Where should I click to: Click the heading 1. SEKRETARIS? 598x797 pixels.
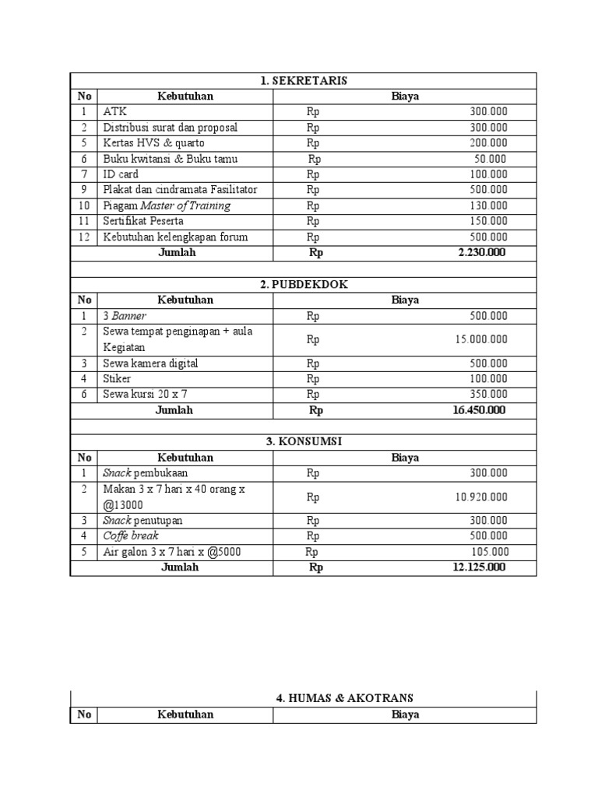pyautogui.click(x=304, y=81)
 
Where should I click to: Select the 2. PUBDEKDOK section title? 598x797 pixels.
pyautogui.click(x=304, y=285)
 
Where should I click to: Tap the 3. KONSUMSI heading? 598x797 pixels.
pyautogui.click(x=304, y=442)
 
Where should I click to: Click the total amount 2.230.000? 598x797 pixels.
pyautogui.click(x=483, y=253)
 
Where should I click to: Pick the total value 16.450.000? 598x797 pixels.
pyautogui.click(x=479, y=410)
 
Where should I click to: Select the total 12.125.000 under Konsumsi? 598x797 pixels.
pyautogui.click(x=479, y=567)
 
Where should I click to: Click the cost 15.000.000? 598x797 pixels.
pyautogui.click(x=481, y=339)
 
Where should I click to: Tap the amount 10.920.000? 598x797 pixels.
pyautogui.click(x=481, y=497)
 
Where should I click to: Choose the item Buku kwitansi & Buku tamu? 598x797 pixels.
pyautogui.click(x=171, y=159)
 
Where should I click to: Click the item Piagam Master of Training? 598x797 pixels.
pyautogui.click(x=167, y=205)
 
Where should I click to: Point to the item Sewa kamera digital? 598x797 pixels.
pyautogui.click(x=150, y=363)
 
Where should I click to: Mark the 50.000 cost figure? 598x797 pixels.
pyautogui.click(x=491, y=159)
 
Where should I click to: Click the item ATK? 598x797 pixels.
pyautogui.click(x=114, y=112)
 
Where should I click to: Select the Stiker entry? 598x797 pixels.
pyautogui.click(x=117, y=379)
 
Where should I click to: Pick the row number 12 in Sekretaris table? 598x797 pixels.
pyautogui.click(x=84, y=237)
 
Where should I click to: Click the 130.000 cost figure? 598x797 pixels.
pyautogui.click(x=488, y=205)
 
